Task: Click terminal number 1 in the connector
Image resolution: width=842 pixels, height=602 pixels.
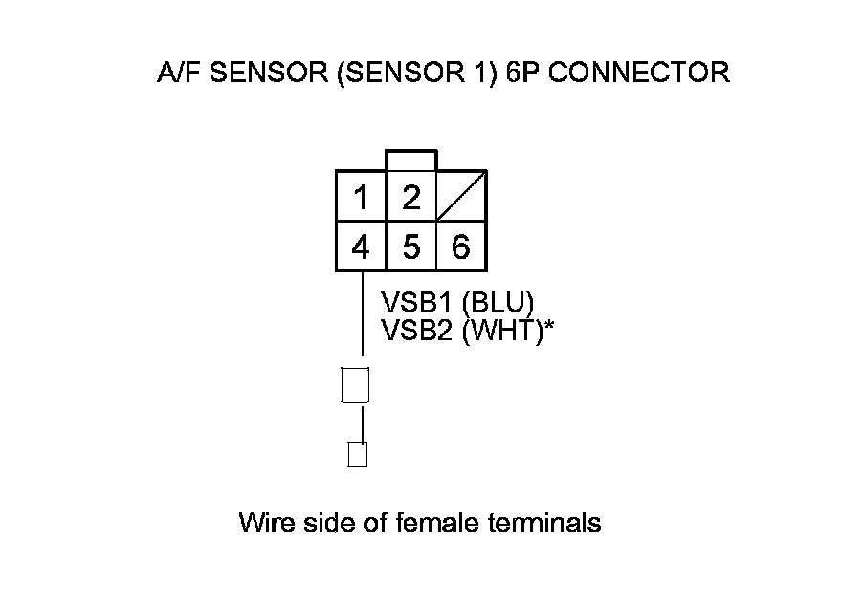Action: pyautogui.click(x=361, y=199)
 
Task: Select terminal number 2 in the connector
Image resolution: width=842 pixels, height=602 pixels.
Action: pyautogui.click(x=411, y=198)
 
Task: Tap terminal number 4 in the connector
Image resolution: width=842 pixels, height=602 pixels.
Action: pyautogui.click(x=361, y=247)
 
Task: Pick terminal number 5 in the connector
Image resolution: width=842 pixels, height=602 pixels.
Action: pyautogui.click(x=411, y=247)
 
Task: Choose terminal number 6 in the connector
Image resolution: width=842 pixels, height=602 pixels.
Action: pyautogui.click(x=460, y=247)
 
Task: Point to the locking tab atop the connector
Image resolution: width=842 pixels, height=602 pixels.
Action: pyautogui.click(x=410, y=160)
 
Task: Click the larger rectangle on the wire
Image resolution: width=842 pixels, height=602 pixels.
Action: pyautogui.click(x=355, y=385)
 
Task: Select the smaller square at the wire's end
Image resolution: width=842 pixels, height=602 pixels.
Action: pyautogui.click(x=357, y=455)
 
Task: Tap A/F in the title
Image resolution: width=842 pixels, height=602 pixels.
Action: pyautogui.click(x=173, y=73)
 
